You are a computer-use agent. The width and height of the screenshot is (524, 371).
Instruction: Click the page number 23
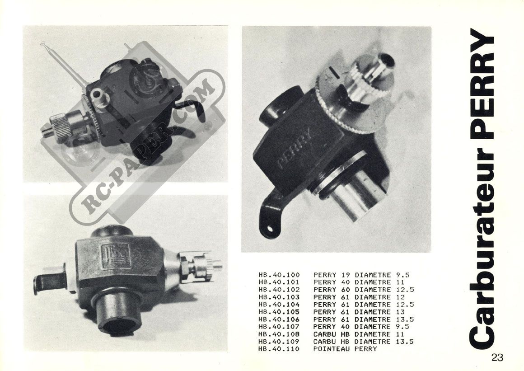click(497, 357)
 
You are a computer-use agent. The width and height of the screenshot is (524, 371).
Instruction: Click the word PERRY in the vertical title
click(482, 85)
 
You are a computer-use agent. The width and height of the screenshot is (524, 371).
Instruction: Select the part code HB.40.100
click(279, 275)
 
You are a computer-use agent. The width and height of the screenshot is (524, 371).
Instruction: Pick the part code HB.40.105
click(279, 312)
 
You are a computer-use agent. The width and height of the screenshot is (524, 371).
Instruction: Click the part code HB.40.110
click(279, 349)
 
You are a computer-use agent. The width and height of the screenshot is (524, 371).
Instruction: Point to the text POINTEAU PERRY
click(345, 349)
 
